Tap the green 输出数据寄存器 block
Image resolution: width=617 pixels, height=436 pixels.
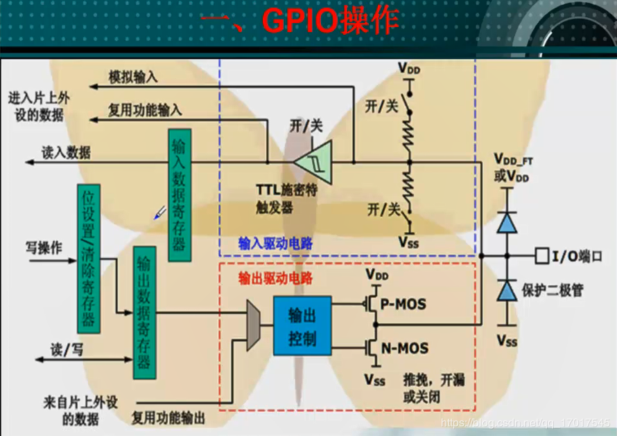[144, 311]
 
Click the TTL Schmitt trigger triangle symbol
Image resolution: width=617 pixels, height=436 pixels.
[313, 161]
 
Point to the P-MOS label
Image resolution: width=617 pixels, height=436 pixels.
[403, 304]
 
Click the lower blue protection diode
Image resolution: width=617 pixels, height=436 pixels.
[508, 291]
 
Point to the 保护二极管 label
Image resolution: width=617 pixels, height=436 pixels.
[553, 291]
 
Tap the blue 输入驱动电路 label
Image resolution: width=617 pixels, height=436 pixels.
[276, 243]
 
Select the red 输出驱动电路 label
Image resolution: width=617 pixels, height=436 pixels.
[276, 278]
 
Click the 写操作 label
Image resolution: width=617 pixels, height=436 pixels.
[43, 248]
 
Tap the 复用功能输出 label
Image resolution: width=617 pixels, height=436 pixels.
[168, 418]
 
